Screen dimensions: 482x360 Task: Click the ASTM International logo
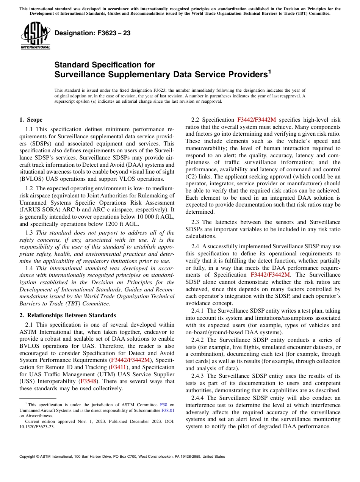(35, 35)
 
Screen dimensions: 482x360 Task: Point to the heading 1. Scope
(31, 120)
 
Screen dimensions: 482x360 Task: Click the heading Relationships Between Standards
(72, 315)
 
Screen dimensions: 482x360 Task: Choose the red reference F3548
(87, 381)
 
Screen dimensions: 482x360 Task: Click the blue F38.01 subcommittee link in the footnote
(168, 410)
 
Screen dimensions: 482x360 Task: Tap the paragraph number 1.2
(29, 188)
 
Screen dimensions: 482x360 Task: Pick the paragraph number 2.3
(196, 222)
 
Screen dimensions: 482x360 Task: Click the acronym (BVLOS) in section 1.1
(32, 179)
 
